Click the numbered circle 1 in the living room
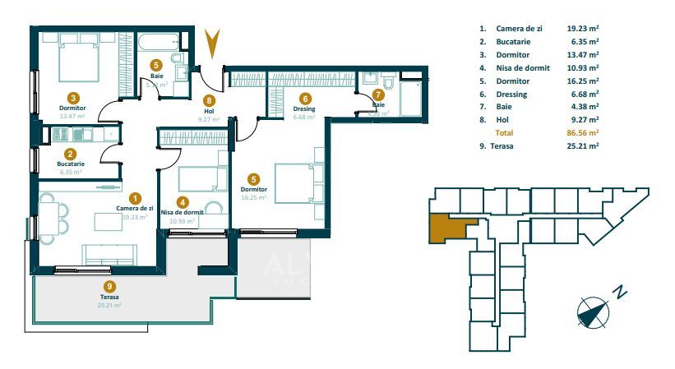(136, 197)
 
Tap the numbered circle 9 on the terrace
(110, 286)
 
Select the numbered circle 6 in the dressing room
(305, 96)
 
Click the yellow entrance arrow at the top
(213, 43)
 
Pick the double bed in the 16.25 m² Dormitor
(294, 182)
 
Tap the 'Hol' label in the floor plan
(209, 110)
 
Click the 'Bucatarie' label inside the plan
(71, 164)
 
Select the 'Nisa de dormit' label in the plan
(183, 212)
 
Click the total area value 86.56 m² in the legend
(583, 131)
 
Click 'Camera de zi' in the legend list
(519, 29)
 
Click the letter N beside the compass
(622, 291)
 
